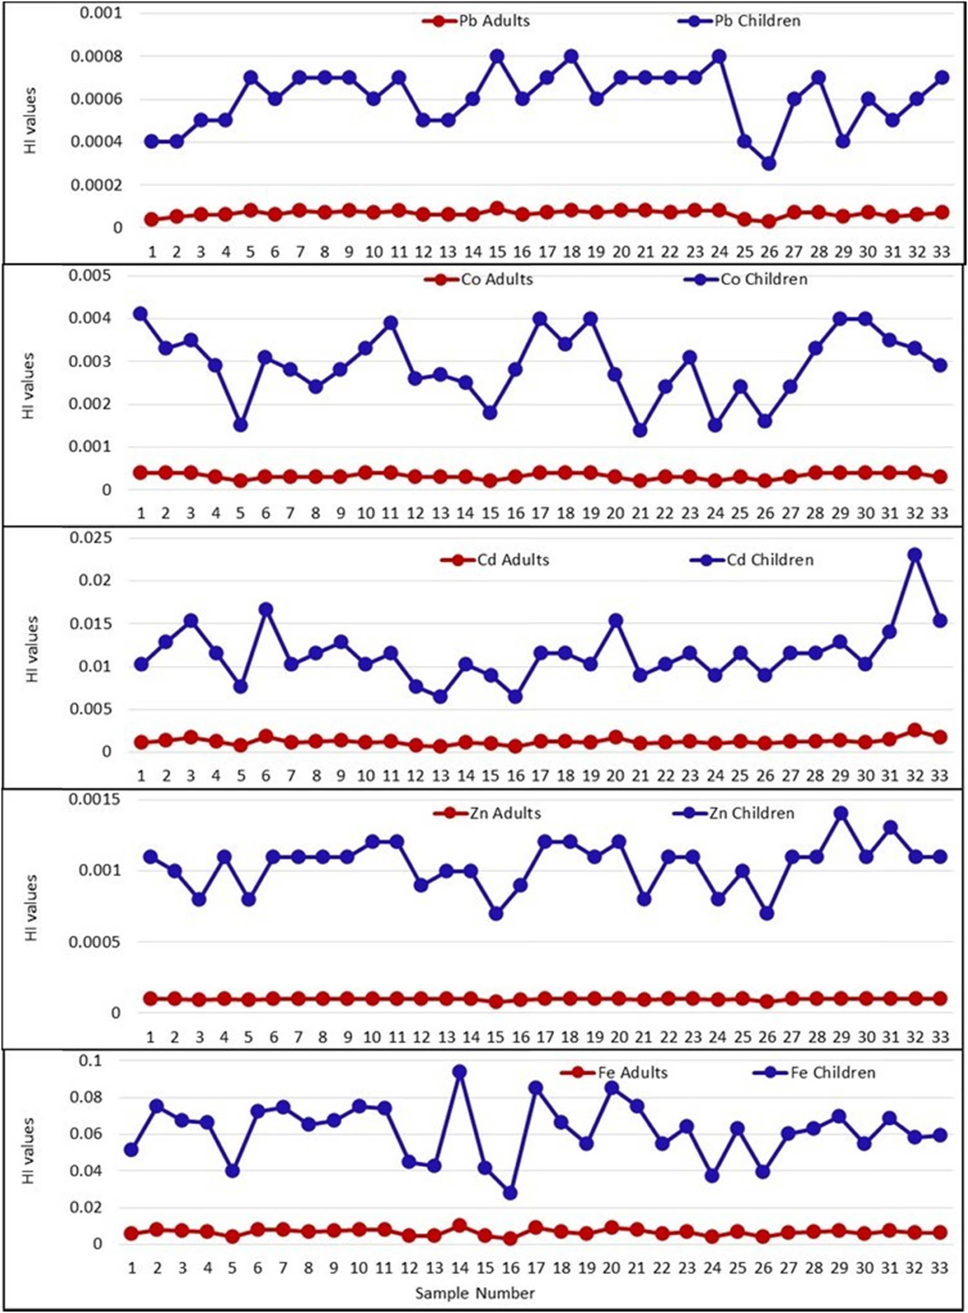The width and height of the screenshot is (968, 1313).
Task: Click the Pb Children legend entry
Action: [756, 21]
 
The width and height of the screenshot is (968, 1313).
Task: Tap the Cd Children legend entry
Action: [769, 560]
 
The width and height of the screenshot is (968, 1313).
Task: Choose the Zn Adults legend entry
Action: [504, 813]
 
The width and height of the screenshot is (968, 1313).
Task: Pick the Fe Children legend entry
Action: [832, 1073]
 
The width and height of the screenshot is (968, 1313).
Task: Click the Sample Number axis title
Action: [475, 1293]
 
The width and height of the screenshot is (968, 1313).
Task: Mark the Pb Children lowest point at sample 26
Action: [769, 163]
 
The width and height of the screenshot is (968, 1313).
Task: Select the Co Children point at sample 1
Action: [141, 314]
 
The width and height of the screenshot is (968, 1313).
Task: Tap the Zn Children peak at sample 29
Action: [841, 814]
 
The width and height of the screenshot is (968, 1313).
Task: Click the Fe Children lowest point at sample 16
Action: [510, 1193]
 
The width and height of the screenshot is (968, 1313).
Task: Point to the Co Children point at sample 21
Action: [641, 430]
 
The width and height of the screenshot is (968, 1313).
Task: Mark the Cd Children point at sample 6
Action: [266, 610]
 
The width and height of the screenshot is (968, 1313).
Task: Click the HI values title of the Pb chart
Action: [30, 121]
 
